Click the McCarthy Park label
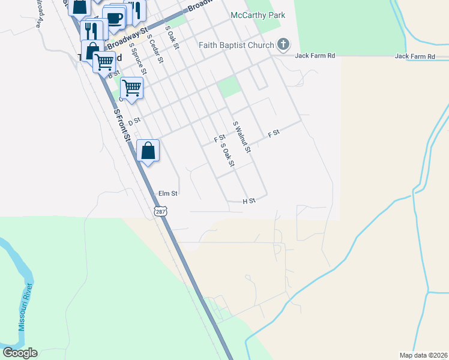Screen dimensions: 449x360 258,14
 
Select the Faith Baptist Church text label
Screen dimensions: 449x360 237,44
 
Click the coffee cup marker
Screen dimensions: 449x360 113,17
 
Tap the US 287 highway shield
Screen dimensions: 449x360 160,211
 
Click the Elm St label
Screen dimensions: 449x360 168,194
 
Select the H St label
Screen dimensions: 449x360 249,200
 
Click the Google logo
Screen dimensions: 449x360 20,353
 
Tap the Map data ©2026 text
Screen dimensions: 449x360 423,355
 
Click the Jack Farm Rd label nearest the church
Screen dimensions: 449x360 314,56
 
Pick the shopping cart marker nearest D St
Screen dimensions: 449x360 131,88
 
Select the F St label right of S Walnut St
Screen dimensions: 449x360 274,133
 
